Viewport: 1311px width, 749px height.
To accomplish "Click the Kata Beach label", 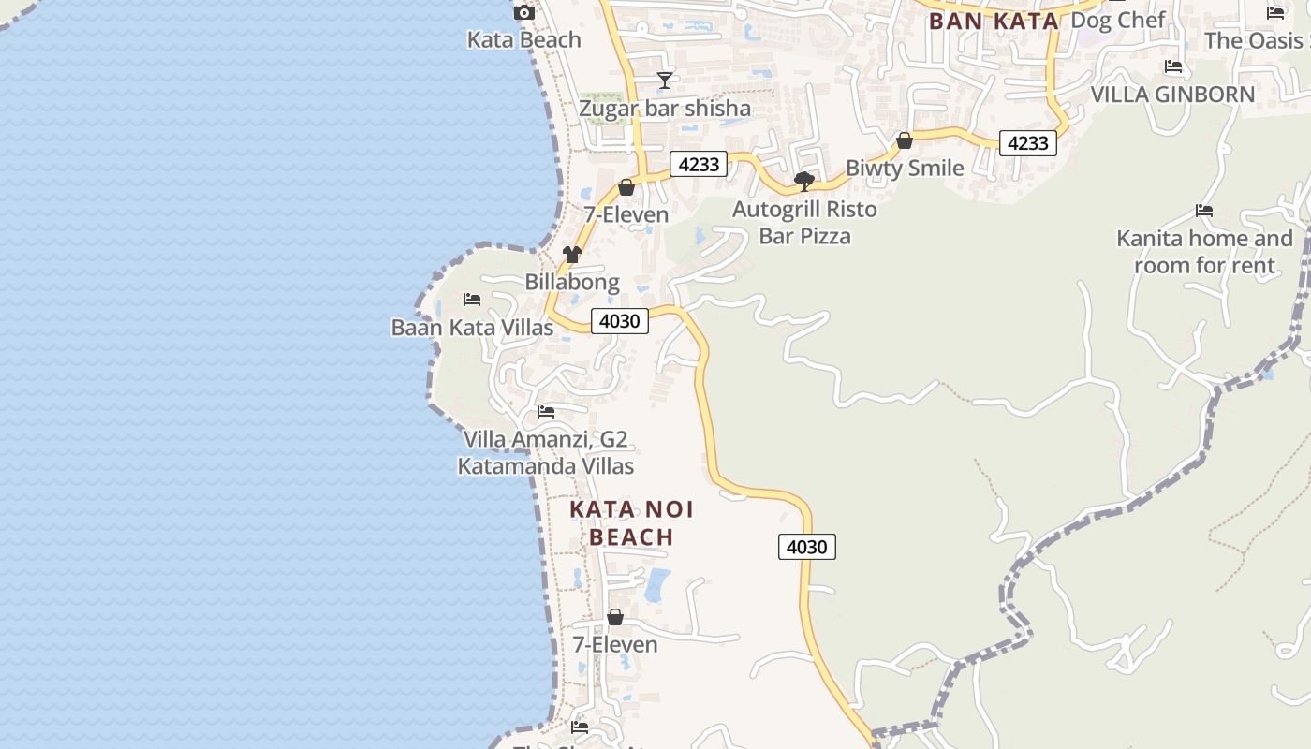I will click(x=523, y=40).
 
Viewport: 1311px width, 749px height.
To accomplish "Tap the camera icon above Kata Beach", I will click(x=524, y=13).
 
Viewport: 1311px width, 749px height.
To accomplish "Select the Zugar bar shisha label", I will click(x=664, y=109).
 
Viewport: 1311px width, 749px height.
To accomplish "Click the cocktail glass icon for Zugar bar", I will click(x=665, y=81).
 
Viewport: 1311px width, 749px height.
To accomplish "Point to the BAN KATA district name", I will click(x=994, y=21).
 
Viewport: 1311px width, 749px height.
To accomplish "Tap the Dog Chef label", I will click(x=1117, y=20).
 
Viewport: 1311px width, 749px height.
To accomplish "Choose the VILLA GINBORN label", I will click(x=1172, y=95).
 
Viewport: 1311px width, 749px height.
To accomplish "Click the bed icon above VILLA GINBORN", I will click(x=1173, y=66).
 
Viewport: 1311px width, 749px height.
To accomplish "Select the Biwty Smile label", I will click(x=904, y=169).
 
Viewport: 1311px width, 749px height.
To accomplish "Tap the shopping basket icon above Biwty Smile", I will click(x=905, y=141).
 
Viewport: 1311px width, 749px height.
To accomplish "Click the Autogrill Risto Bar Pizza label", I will click(x=804, y=223).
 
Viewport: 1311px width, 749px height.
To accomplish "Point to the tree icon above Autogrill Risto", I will click(x=803, y=182).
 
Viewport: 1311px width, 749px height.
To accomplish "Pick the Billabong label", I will click(x=571, y=282).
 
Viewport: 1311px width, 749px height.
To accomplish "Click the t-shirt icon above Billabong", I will click(x=571, y=255).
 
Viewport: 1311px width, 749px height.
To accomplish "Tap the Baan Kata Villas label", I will click(x=472, y=328).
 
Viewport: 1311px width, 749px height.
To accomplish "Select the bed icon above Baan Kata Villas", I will click(x=472, y=300).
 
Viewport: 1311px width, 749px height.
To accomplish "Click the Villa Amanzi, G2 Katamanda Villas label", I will click(x=545, y=453).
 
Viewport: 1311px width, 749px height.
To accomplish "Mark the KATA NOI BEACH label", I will click(x=632, y=523).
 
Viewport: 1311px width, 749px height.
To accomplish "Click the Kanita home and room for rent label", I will click(x=1204, y=252).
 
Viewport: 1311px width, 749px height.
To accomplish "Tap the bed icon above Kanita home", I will click(x=1204, y=211).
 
